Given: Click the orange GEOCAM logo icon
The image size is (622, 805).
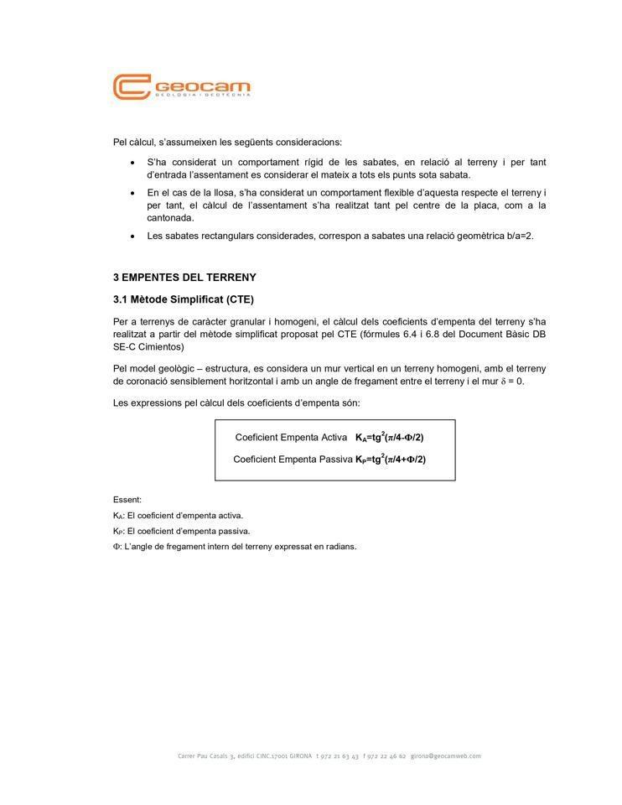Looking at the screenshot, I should point(132,87).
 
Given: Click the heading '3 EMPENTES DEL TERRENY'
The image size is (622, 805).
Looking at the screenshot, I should point(184,278).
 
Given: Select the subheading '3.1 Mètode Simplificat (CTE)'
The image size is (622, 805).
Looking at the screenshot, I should point(183,299).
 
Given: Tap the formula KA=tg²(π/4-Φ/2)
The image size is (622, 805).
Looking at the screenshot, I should point(389,437).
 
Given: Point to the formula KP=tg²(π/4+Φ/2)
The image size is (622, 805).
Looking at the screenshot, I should point(390,459).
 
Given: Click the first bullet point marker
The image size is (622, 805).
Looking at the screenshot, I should point(132,163).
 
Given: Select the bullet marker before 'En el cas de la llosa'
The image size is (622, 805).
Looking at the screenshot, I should point(132,193).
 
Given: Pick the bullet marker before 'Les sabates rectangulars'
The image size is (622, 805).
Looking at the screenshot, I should point(132,236).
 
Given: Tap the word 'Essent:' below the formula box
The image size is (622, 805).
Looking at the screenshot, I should point(127,500).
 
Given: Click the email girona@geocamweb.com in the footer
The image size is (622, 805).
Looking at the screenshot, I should point(446,756).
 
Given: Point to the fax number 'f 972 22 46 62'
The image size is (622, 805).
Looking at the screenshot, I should point(385,756).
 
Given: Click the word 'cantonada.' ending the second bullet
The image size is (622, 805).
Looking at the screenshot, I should point(170,218).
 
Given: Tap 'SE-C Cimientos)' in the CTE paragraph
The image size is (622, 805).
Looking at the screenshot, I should point(148,346).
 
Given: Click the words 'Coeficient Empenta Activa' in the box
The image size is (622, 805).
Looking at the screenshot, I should point(291,438).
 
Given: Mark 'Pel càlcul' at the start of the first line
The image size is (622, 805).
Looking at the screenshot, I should point(133,142).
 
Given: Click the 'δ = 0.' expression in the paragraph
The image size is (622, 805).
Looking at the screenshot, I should point(512,382).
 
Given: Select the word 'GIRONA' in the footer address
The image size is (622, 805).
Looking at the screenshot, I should point(301,756).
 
